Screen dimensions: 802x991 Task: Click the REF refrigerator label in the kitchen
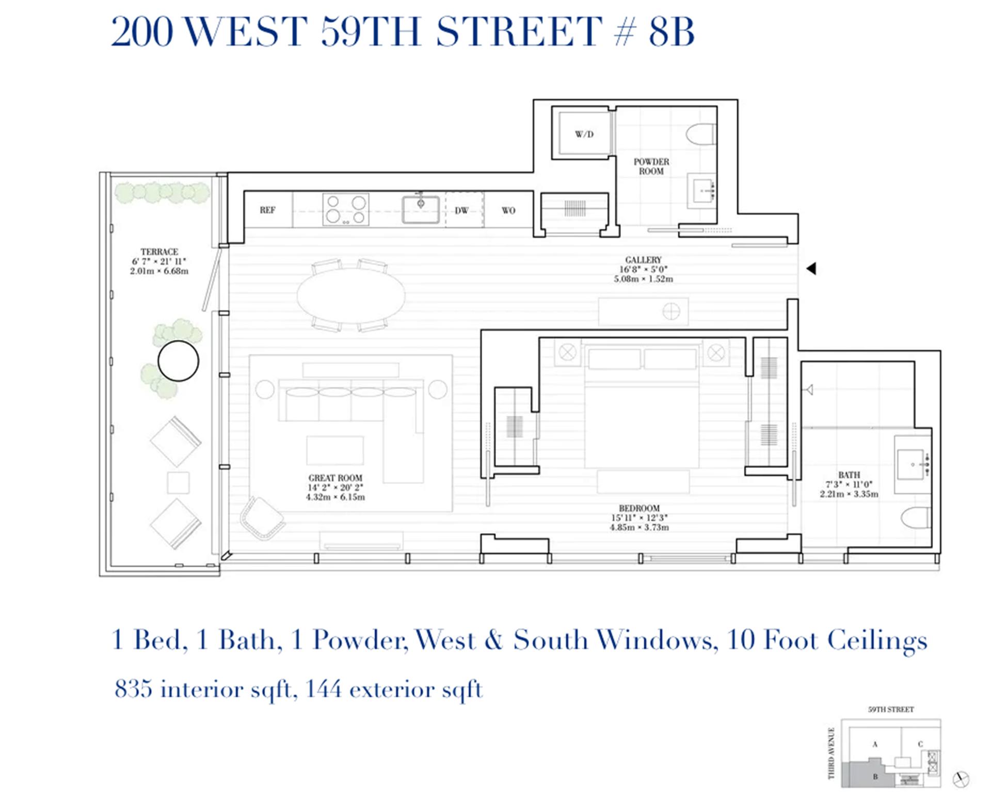[267, 210]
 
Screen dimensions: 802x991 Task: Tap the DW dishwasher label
[461, 210]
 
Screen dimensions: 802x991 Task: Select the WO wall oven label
[508, 210]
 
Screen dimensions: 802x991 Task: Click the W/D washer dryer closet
[584, 134]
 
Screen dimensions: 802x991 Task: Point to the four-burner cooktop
[346, 209]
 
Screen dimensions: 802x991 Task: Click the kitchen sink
[421, 209]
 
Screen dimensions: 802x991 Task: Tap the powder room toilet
[702, 134]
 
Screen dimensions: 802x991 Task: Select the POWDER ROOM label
[651, 166]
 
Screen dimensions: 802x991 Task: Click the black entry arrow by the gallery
[811, 268]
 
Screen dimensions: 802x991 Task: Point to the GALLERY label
[643, 260]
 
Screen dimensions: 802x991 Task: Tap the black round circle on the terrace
[178, 361]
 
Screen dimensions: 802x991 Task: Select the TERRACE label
[159, 252]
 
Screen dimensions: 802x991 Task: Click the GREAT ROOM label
[335, 478]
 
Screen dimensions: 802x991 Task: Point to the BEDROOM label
[639, 508]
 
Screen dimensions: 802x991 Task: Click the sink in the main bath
[912, 464]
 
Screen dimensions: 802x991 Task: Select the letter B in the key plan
[875, 777]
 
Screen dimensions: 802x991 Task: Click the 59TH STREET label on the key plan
[891, 710]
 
